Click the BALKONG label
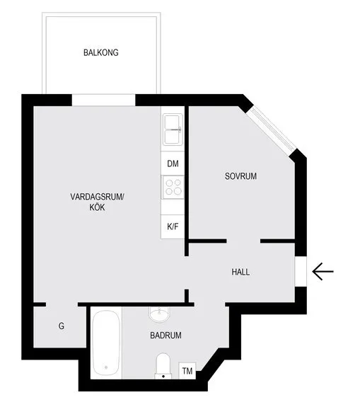(101, 52)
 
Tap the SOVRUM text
(240, 176)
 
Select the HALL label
(240, 272)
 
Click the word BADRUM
(166, 335)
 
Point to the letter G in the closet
(62, 326)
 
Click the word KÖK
(97, 207)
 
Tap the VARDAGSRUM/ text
(97, 197)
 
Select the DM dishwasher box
(173, 163)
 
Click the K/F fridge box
(173, 226)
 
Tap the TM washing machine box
(187, 371)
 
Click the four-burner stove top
(173, 187)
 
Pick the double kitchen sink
(173, 130)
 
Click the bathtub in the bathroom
(106, 343)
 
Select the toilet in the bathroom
(163, 366)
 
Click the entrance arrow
(323, 271)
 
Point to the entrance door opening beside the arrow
(301, 271)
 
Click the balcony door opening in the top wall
(103, 100)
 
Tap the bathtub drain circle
(106, 367)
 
